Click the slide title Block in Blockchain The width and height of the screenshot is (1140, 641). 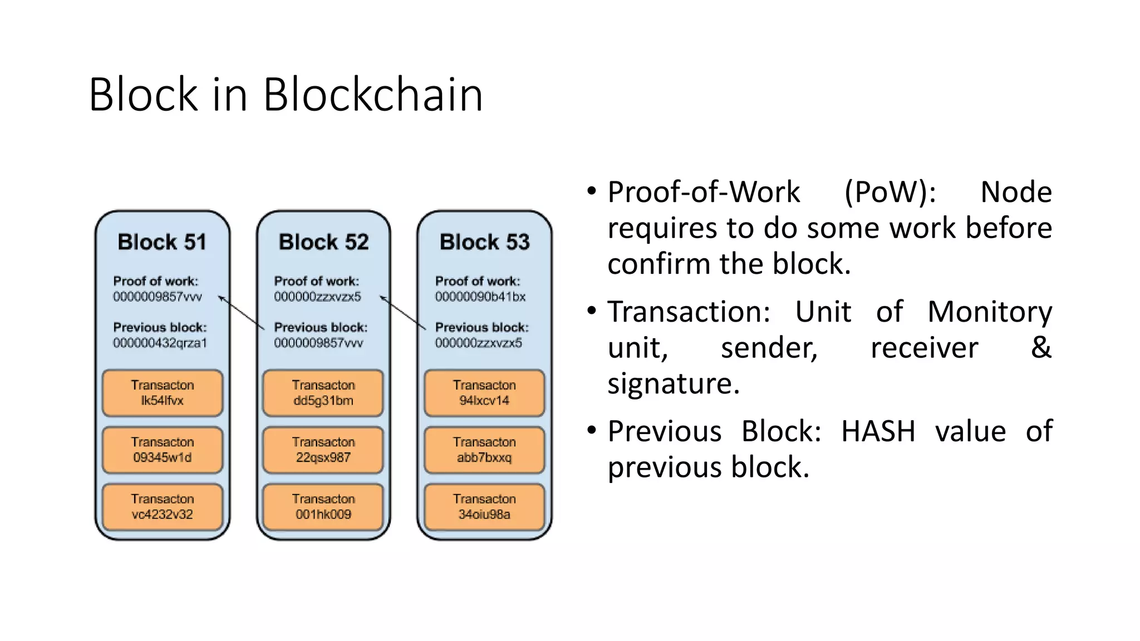(x=286, y=95)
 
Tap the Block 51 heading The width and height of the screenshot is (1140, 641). (x=162, y=242)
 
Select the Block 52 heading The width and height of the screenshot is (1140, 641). (x=323, y=242)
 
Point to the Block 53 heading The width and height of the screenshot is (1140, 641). (x=484, y=242)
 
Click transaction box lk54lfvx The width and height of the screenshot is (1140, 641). (x=163, y=393)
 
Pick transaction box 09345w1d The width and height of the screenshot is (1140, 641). (x=163, y=450)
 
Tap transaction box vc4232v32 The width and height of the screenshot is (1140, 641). (x=163, y=506)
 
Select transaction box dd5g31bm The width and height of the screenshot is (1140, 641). (x=323, y=393)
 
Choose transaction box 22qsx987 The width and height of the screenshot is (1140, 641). (x=323, y=450)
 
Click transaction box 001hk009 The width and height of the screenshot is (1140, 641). (x=323, y=506)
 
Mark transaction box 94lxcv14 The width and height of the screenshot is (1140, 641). (x=484, y=393)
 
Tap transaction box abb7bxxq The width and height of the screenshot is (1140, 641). (x=484, y=450)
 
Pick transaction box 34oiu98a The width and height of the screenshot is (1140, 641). (x=484, y=506)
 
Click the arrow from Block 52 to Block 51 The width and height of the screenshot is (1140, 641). (x=241, y=313)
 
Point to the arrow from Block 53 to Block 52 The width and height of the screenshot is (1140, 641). (x=402, y=313)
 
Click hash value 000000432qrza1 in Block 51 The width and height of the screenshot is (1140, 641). (x=160, y=343)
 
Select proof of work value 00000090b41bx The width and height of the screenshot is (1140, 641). (x=480, y=297)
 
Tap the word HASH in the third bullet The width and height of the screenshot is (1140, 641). (x=878, y=431)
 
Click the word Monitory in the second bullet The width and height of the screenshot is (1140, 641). (x=989, y=312)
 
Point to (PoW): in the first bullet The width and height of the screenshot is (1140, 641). (x=890, y=192)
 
